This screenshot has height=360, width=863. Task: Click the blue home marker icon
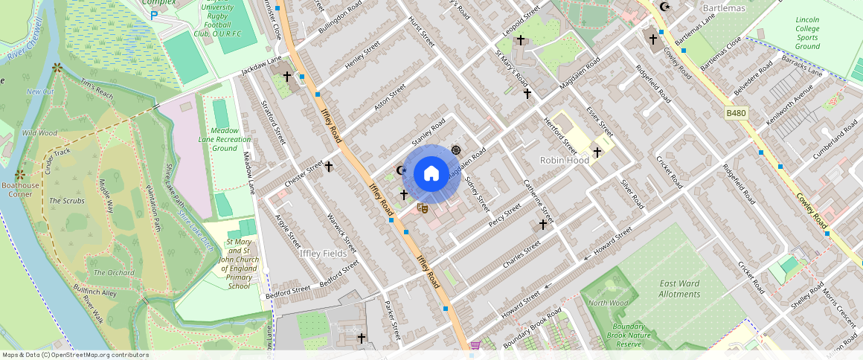coord(431,174)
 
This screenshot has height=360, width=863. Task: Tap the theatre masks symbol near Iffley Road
coord(422,209)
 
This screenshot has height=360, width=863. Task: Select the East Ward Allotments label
coord(679,289)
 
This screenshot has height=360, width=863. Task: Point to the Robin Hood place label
coord(565,160)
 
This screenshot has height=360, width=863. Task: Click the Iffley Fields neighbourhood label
coord(323,254)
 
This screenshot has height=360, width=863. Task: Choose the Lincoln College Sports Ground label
coord(807,33)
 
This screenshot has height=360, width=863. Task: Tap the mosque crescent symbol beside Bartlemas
coord(664,7)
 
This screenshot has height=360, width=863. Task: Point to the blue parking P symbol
coord(154,15)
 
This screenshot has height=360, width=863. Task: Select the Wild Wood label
coord(39,133)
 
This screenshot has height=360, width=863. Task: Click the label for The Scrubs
coord(67,201)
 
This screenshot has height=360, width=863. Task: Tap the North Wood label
coord(608,303)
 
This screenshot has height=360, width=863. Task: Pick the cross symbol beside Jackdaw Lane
coord(286,76)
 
